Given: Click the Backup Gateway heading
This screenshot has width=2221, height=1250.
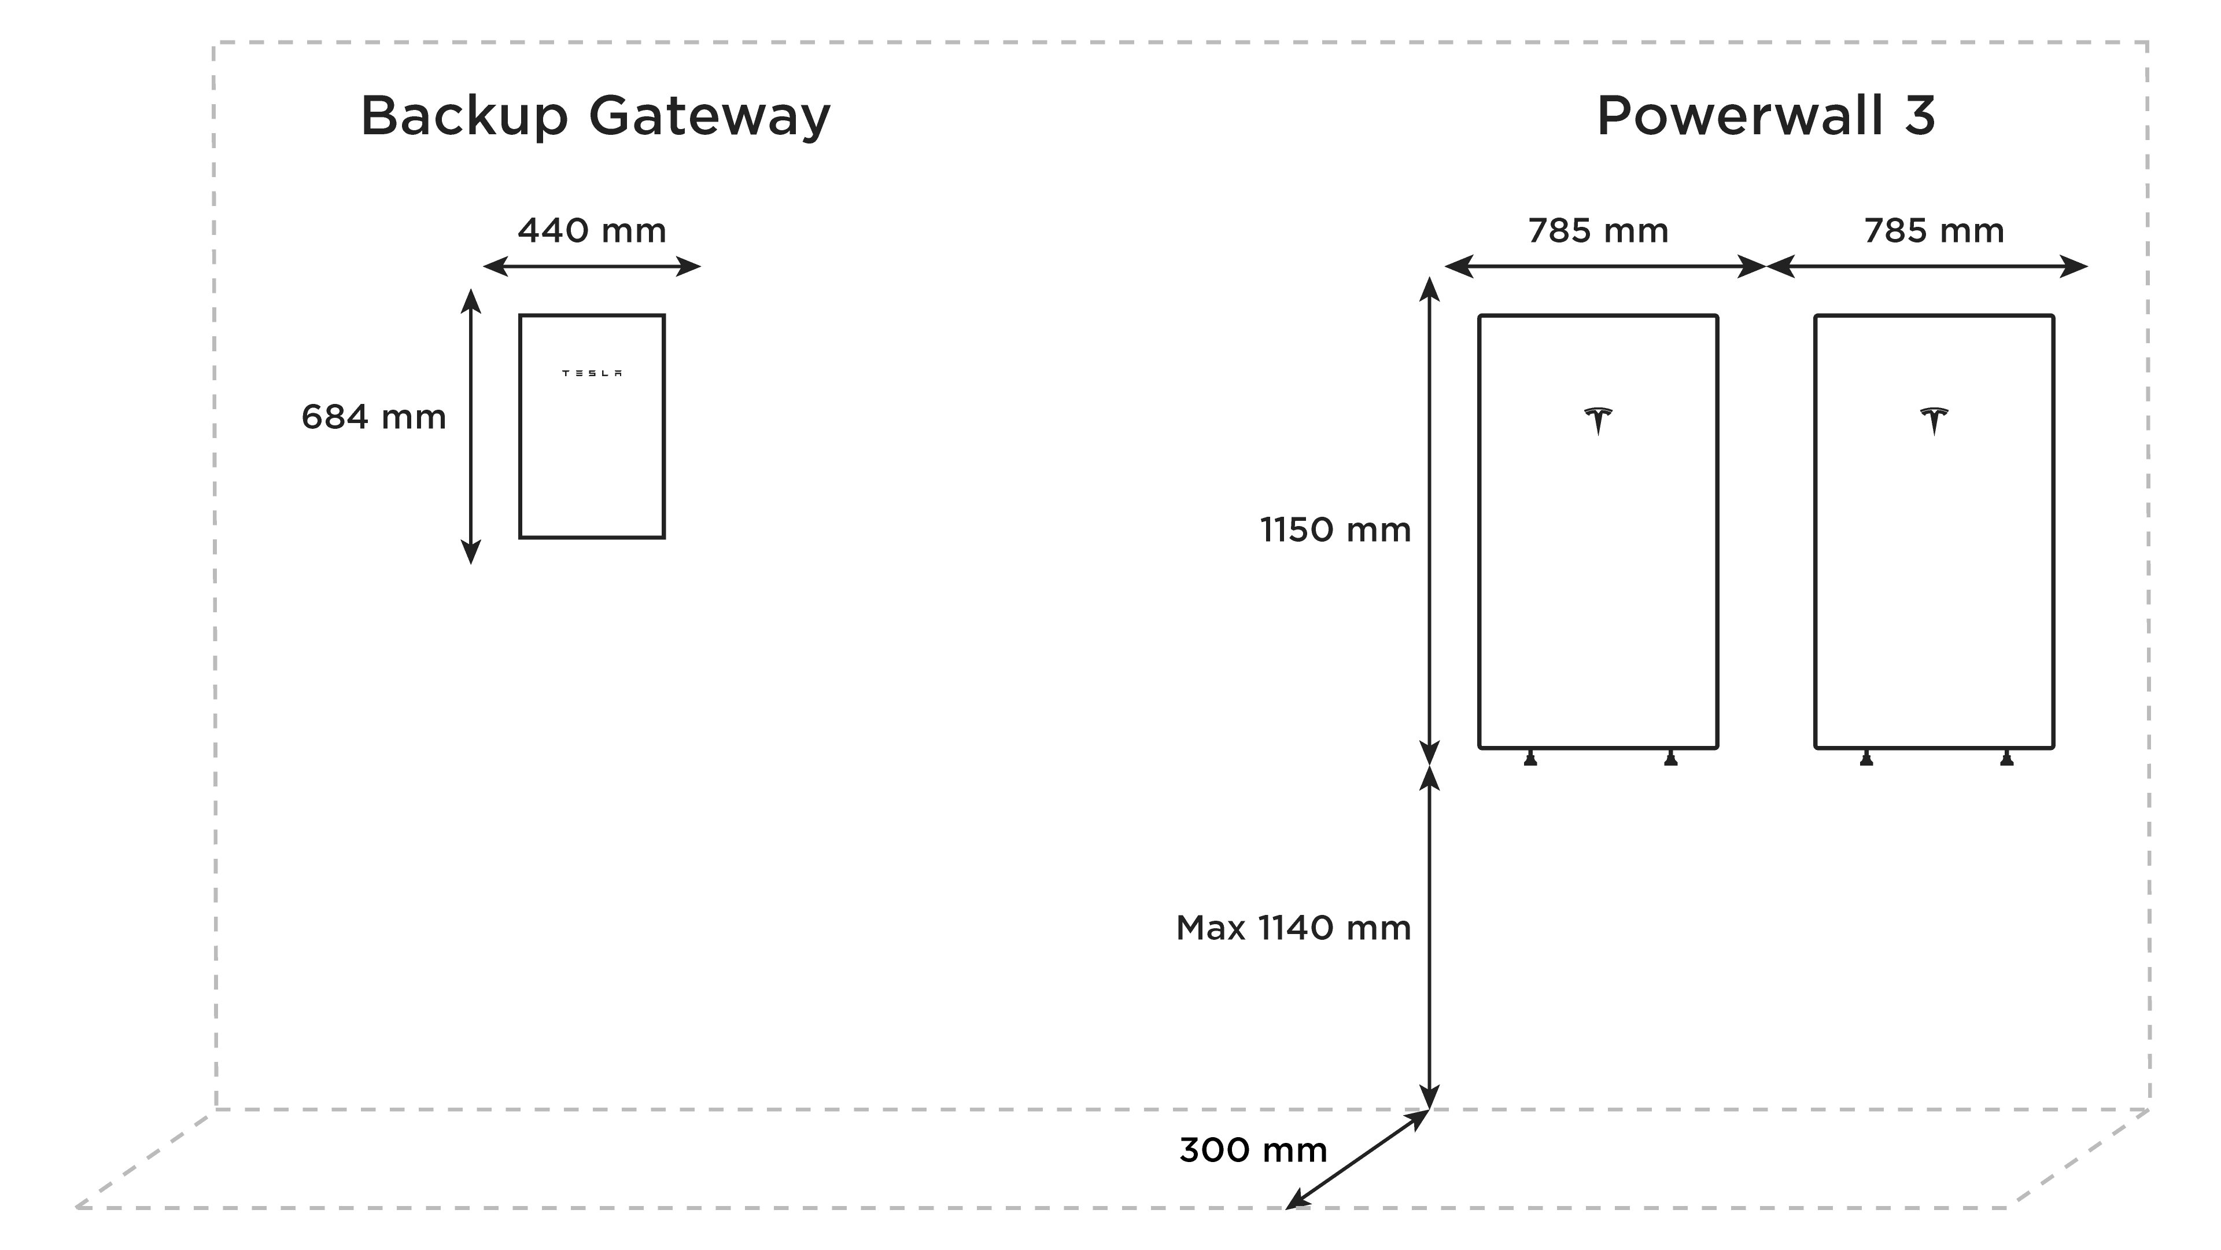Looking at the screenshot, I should (595, 116).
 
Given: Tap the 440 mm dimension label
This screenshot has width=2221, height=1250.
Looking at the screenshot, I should (592, 231).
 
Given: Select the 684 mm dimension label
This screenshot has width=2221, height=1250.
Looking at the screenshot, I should (373, 417).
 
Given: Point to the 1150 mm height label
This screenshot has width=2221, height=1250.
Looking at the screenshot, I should (1335, 530).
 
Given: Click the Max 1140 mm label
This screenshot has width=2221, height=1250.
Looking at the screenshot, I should (1293, 928).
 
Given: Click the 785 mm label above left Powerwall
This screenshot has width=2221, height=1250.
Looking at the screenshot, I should (1598, 231).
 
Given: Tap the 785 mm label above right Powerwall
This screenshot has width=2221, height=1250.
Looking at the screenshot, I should (1934, 231).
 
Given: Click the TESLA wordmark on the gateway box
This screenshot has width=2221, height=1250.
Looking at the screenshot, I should (592, 373).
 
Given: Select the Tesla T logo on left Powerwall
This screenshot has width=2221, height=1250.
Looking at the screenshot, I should (1598, 421).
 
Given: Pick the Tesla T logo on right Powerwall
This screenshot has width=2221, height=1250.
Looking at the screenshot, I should (1934, 421).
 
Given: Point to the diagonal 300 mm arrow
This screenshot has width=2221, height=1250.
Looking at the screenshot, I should (1357, 1159).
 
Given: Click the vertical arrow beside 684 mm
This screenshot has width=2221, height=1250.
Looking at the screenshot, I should (471, 427).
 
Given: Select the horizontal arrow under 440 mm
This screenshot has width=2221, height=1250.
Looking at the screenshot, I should (592, 267).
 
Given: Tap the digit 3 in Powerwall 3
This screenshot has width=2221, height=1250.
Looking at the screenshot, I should (1919, 116).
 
